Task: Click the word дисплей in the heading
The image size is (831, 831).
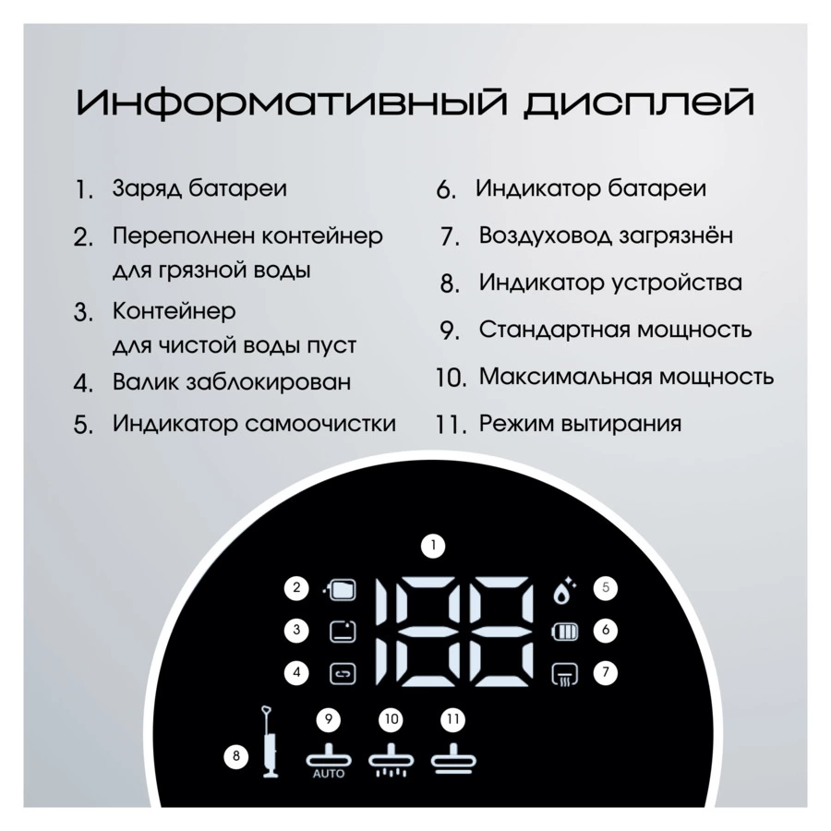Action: pyautogui.click(x=639, y=104)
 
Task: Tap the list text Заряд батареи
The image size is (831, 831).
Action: pyautogui.click(x=199, y=189)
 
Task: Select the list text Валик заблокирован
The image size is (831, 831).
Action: pyautogui.click(x=232, y=381)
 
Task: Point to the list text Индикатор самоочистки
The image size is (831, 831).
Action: pyautogui.click(x=255, y=424)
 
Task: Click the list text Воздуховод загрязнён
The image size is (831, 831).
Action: pyautogui.click(x=607, y=235)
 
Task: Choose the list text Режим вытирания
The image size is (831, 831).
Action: pyautogui.click(x=581, y=424)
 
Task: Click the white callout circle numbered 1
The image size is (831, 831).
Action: pyautogui.click(x=434, y=546)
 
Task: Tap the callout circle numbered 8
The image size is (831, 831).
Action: pyautogui.click(x=236, y=755)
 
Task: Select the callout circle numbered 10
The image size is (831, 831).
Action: pyautogui.click(x=391, y=719)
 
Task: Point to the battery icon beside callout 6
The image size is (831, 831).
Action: pyautogui.click(x=565, y=632)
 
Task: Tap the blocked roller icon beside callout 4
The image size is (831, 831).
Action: pyautogui.click(x=343, y=674)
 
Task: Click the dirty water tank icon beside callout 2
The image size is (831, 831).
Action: pyautogui.click(x=340, y=589)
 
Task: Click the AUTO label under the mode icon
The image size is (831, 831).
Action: pyautogui.click(x=329, y=774)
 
